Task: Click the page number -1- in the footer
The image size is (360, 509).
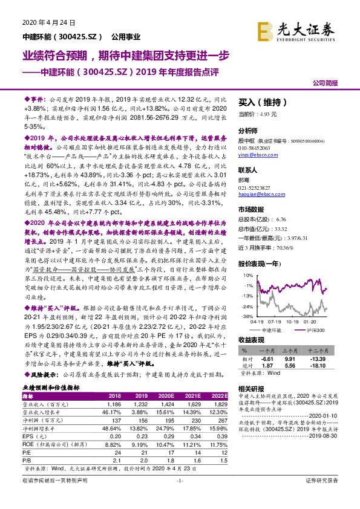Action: tap(180, 497)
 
